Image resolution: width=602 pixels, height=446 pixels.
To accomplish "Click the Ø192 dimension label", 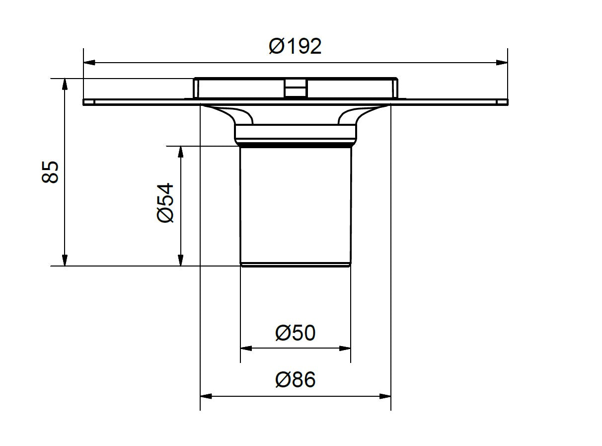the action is [x=295, y=46].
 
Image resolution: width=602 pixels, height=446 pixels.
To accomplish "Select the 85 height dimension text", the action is [x=50, y=172].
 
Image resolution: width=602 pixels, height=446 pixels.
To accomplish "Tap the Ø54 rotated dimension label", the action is [x=165, y=203].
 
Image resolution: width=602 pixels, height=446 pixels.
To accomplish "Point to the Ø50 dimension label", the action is [x=296, y=333].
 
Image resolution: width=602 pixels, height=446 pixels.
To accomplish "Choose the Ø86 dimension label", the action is [x=296, y=379].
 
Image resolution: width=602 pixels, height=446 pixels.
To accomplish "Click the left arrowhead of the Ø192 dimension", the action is [x=89, y=63].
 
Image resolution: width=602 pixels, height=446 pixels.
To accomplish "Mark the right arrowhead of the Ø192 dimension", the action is [x=502, y=63].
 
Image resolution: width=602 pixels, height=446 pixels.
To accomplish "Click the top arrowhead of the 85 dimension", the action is [x=65, y=84].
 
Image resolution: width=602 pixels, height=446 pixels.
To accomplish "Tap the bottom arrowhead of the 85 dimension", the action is [x=65, y=261].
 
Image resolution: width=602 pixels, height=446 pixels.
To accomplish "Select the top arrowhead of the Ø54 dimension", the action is [x=180, y=152].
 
